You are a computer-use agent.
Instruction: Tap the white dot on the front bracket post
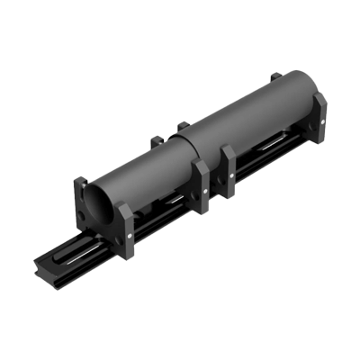pos(131,239)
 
